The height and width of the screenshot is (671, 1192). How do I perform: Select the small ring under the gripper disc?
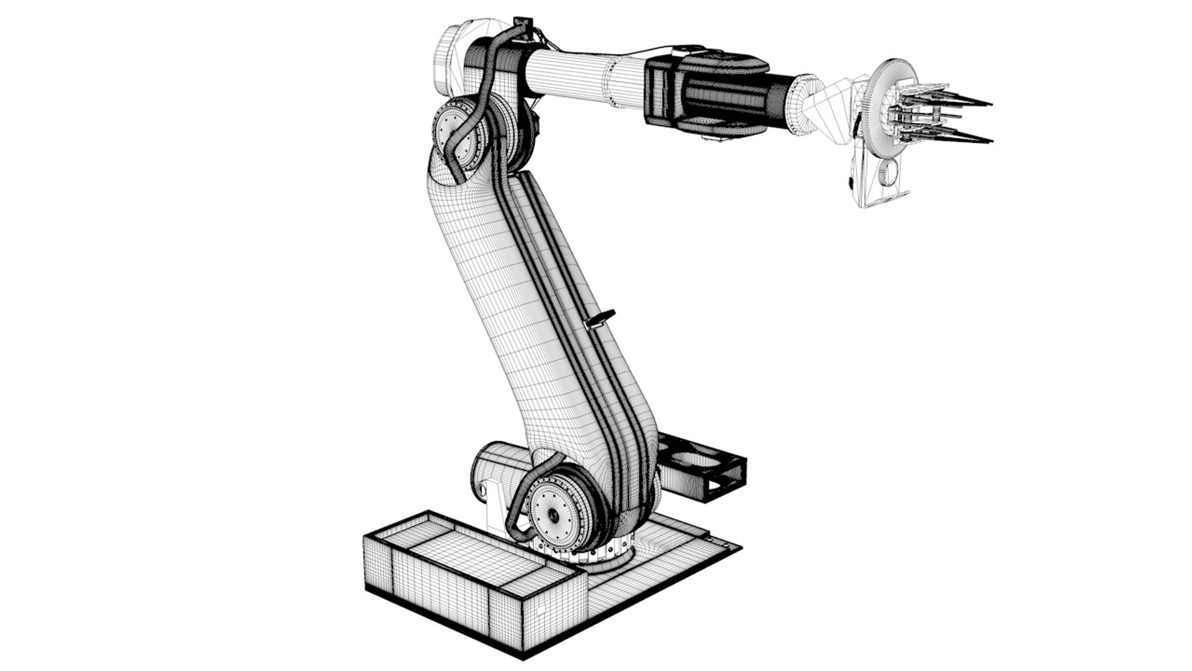pyautogui.click(x=889, y=173)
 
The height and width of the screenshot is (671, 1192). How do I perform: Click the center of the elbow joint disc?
pyautogui.click(x=451, y=132)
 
